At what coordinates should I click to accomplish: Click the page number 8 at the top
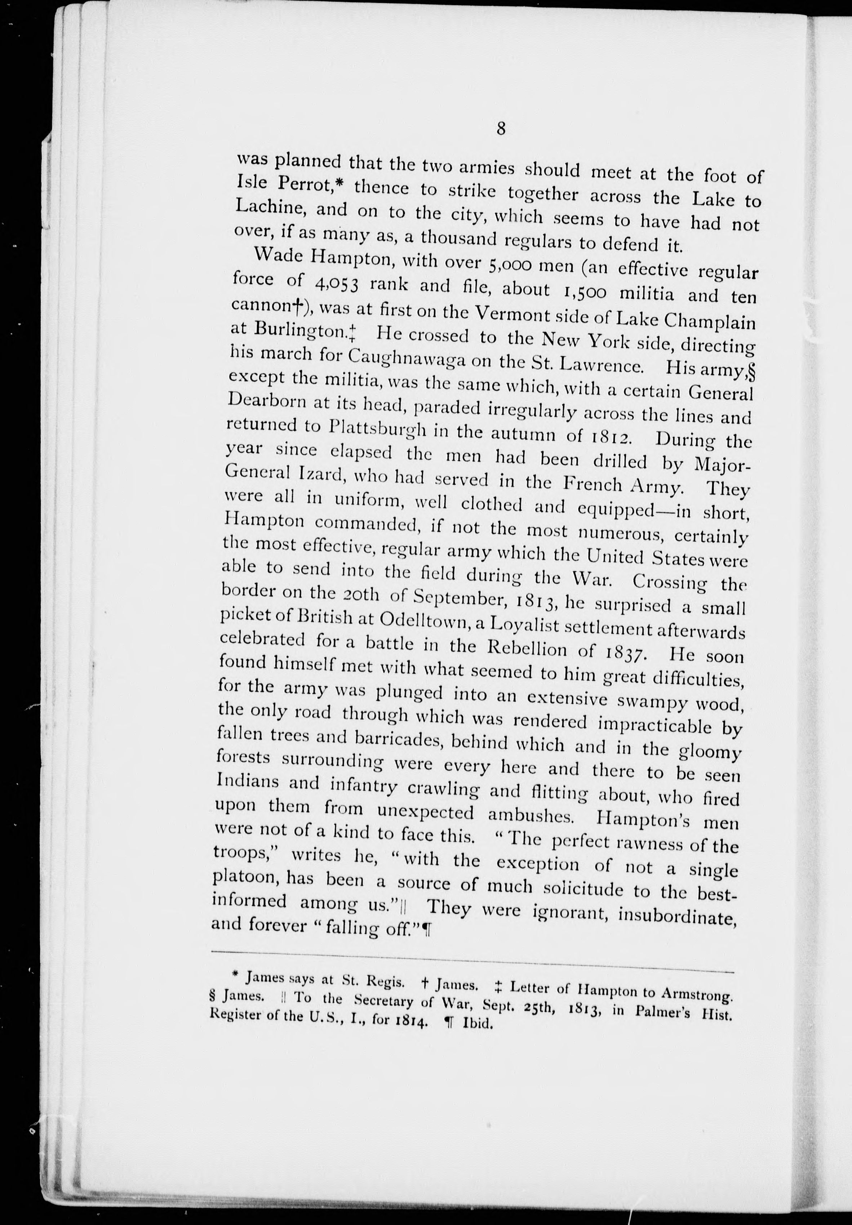501,130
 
